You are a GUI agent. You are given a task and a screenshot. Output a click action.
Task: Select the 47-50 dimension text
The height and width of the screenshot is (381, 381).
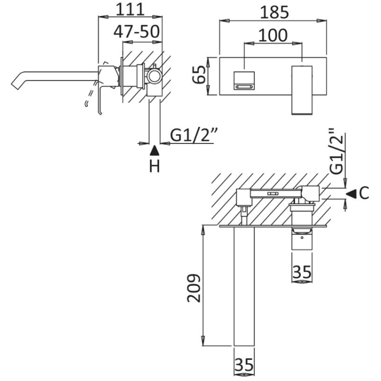(136, 31)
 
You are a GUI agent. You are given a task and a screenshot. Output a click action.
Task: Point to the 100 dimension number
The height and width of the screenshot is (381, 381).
(272, 34)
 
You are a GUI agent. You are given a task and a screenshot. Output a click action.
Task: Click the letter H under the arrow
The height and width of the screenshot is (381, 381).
(155, 166)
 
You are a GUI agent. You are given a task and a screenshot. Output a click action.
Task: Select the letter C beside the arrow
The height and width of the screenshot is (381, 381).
(363, 192)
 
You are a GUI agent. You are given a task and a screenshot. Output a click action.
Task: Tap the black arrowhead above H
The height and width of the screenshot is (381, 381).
(155, 149)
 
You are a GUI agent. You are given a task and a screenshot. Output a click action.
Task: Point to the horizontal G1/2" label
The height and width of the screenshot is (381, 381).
(192, 134)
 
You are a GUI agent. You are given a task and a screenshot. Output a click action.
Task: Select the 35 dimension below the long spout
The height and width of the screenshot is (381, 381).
(243, 365)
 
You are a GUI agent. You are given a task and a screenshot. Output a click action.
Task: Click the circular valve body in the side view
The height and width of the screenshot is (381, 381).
(155, 76)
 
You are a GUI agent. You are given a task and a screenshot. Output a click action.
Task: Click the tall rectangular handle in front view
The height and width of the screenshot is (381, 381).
(302, 89)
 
